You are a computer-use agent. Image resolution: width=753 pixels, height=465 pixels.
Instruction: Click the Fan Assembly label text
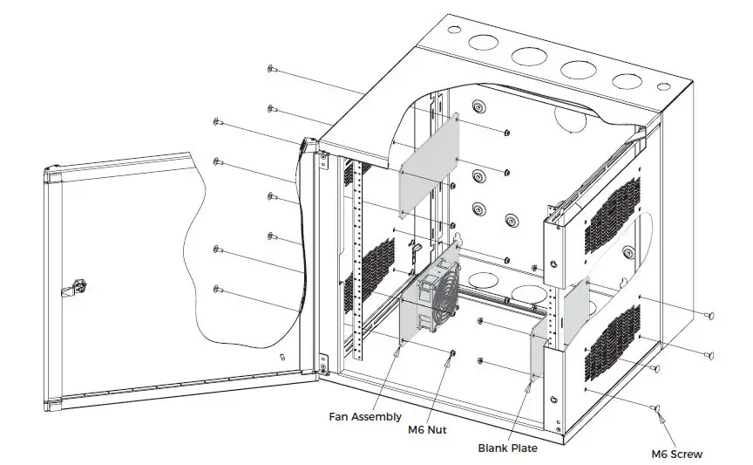coord(365,417)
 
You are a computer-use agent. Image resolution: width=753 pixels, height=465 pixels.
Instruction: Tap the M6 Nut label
coord(427,429)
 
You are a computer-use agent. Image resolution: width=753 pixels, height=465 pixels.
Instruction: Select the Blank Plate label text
coord(507,448)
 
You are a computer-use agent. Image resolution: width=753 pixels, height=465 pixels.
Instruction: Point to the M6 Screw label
coord(677,454)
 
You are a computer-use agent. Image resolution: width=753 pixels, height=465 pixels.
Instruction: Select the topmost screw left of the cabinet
coord(273,67)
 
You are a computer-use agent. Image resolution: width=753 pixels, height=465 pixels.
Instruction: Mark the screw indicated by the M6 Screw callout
coord(655,408)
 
